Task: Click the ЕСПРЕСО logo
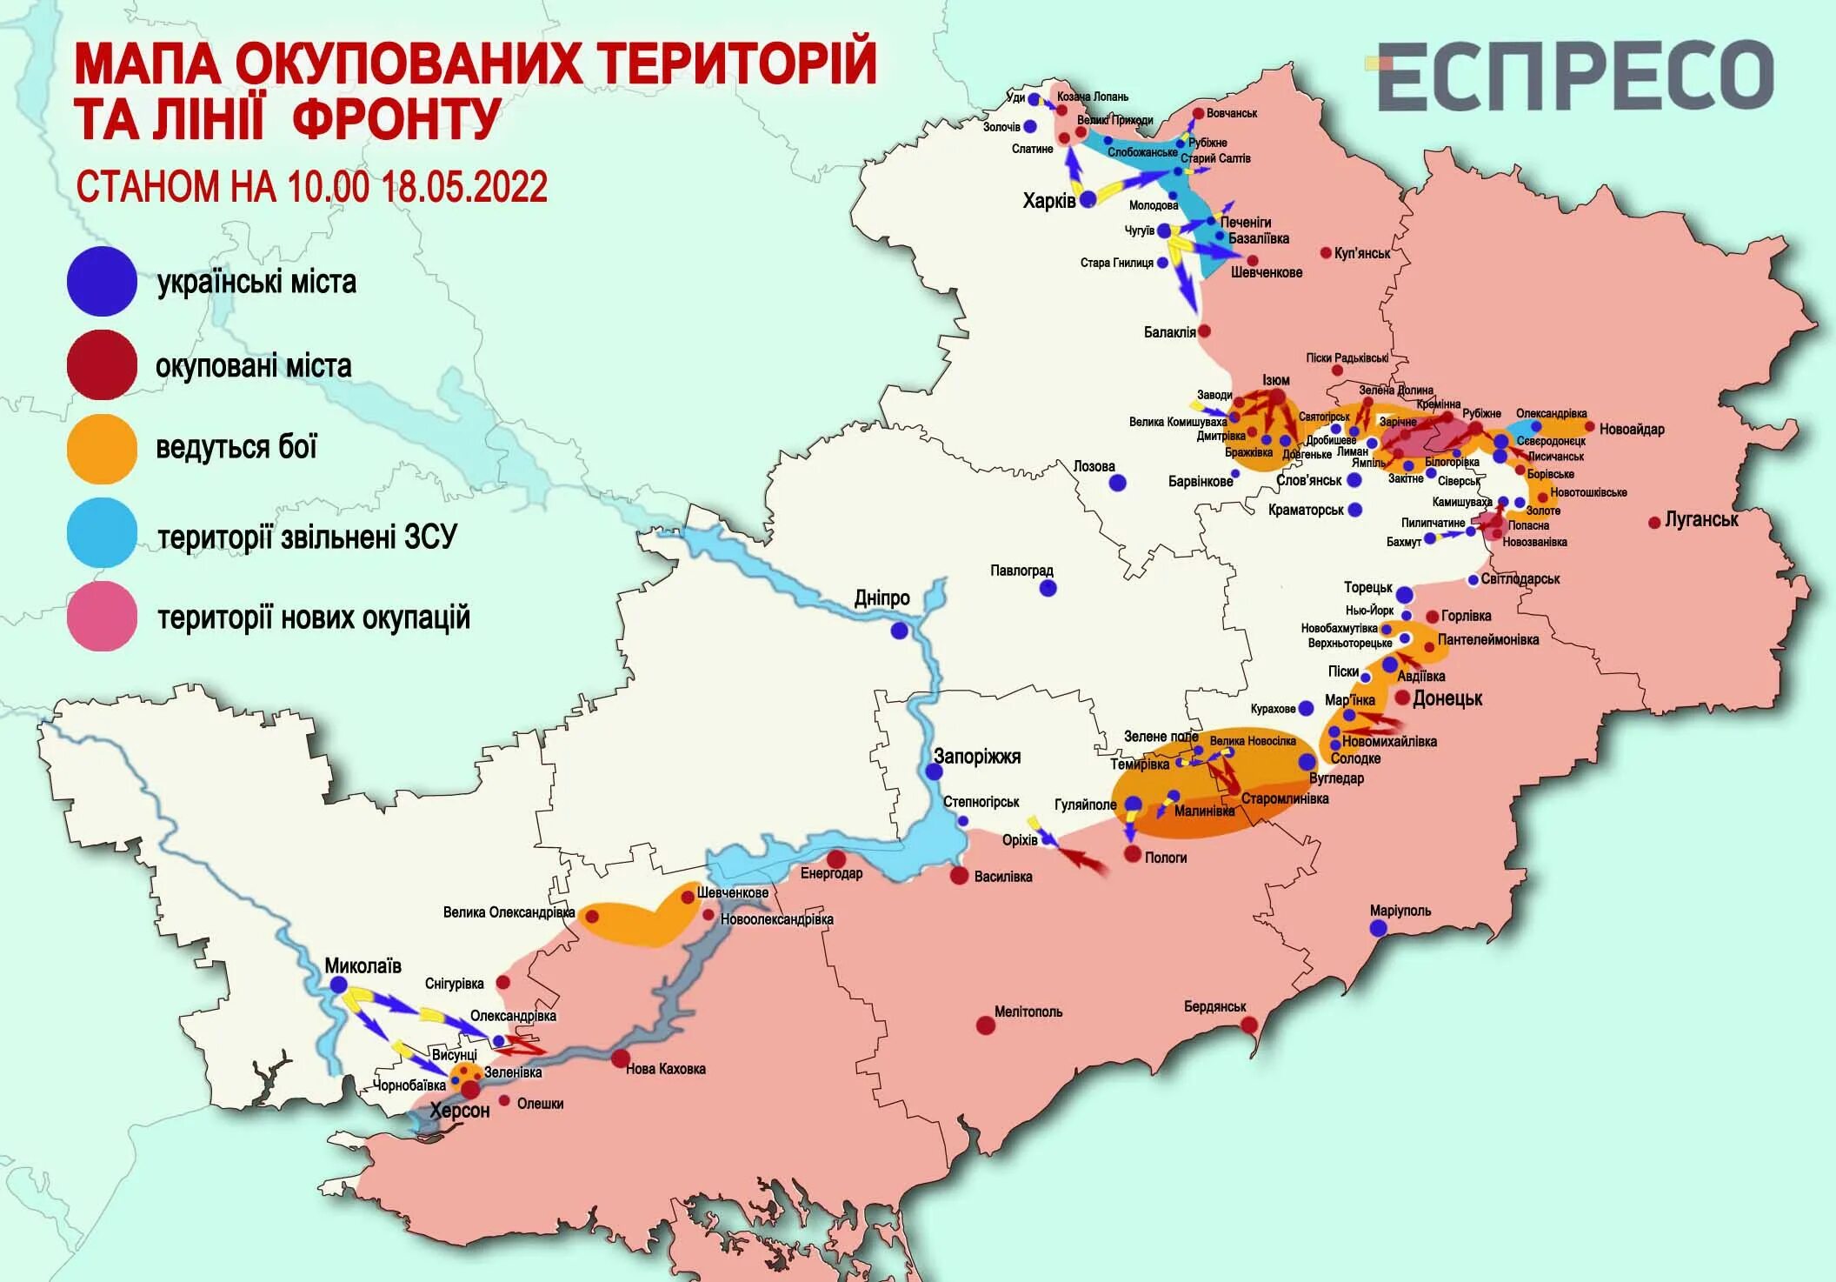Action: [1573, 77]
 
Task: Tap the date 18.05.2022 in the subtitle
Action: [464, 187]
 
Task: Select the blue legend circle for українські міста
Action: [102, 281]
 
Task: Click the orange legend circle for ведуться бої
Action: [102, 449]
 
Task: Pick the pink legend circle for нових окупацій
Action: [102, 617]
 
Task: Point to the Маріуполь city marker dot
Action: [1378, 928]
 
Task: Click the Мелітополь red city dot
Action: [985, 1025]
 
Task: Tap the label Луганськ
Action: [1701, 520]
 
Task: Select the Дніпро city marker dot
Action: [899, 631]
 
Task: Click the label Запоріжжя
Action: [977, 757]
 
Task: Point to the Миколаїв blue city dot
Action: [338, 985]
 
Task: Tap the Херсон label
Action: [460, 1111]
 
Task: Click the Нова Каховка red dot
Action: [620, 1058]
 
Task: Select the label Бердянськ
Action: [1214, 1006]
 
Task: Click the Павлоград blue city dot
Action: [1048, 588]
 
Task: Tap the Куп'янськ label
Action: [1362, 253]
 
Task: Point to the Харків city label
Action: [1048, 202]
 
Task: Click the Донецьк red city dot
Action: [1403, 698]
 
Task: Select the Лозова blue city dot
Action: [1118, 483]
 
